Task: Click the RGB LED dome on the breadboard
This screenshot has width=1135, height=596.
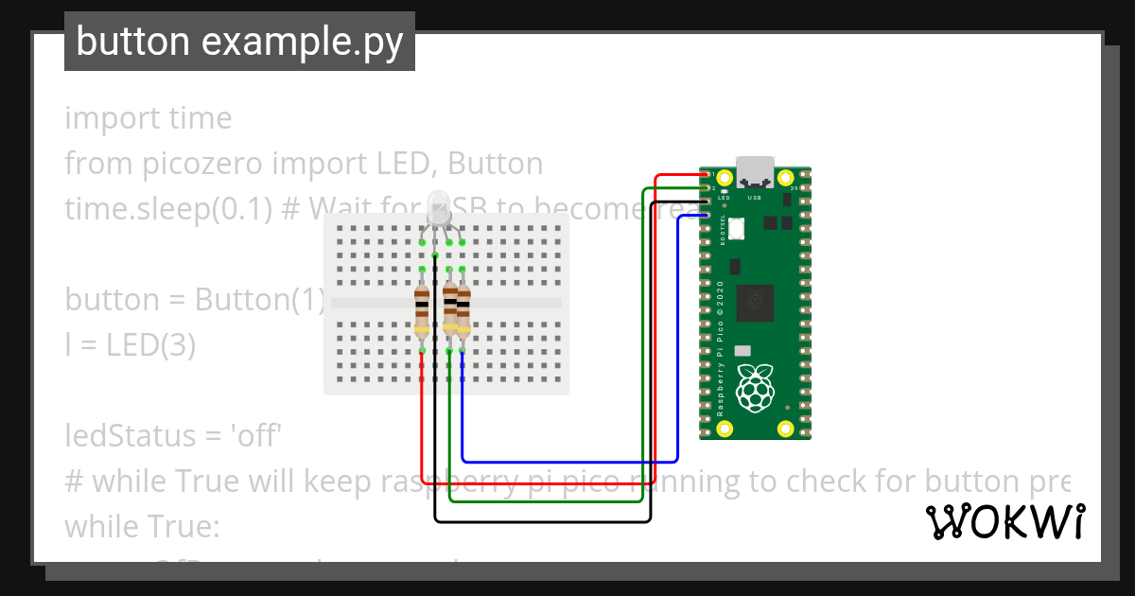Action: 438,206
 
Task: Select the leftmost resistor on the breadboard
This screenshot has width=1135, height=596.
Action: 422,312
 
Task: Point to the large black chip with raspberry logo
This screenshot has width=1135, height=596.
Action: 755,303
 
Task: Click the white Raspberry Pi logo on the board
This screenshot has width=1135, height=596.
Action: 755,391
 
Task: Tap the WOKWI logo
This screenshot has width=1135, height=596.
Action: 1004,521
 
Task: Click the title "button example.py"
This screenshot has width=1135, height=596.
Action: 239,42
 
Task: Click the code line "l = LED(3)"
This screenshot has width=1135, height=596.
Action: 130,345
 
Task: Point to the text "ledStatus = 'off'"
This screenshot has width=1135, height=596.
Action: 174,436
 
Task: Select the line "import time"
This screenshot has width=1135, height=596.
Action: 148,118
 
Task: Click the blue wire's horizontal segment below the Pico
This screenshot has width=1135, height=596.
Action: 567,461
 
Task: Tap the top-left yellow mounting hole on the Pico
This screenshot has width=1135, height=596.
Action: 725,178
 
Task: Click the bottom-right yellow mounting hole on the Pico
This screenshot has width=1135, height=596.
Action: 785,429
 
